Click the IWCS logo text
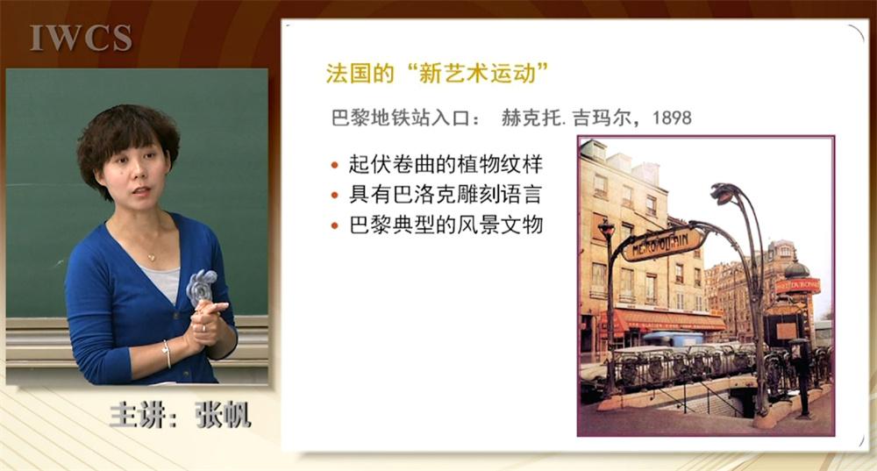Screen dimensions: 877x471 pyautogui.click(x=81, y=38)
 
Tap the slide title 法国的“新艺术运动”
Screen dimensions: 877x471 pyautogui.click(x=438, y=74)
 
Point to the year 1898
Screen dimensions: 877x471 pyautogui.click(x=671, y=118)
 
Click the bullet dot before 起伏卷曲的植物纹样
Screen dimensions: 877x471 pyautogui.click(x=335, y=165)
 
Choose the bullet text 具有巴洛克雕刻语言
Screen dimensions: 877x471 pyautogui.click(x=446, y=195)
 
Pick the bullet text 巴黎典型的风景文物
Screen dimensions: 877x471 pyautogui.click(x=446, y=225)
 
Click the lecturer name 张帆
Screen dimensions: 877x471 pyautogui.click(x=223, y=415)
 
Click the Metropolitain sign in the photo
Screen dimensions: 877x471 pyautogui.click(x=663, y=245)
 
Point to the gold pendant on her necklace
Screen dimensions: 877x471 pyautogui.click(x=151, y=258)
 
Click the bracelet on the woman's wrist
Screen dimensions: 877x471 pyautogui.click(x=167, y=353)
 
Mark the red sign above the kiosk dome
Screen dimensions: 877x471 pyautogui.click(x=797, y=287)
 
